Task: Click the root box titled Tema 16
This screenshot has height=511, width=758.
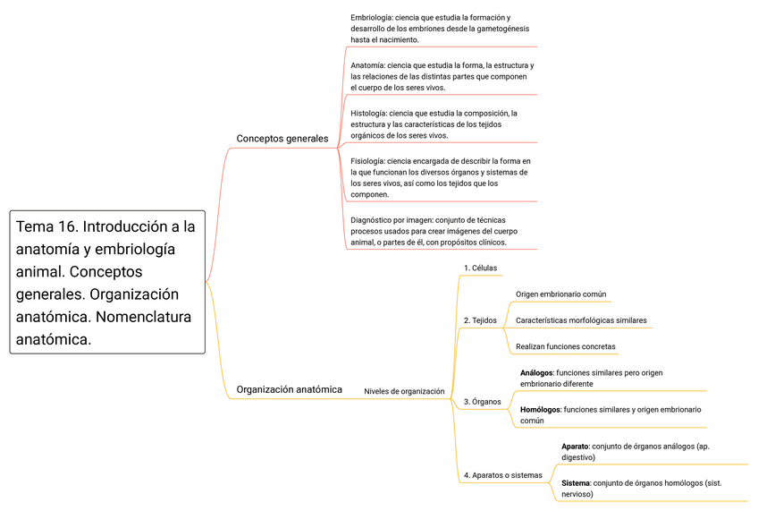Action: (x=107, y=282)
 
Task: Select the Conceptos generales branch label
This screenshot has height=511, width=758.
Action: (x=282, y=139)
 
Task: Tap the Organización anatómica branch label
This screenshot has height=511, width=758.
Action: (x=289, y=389)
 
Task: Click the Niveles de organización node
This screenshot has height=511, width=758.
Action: (x=404, y=391)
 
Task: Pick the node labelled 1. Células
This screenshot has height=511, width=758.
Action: (x=481, y=268)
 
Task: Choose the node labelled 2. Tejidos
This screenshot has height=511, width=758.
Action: (x=480, y=320)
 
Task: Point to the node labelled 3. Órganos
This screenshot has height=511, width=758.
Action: (x=482, y=402)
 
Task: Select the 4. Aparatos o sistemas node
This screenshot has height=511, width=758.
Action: (x=502, y=475)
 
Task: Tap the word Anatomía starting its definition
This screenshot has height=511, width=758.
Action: (x=367, y=65)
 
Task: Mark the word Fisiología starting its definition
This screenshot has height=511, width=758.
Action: (x=368, y=161)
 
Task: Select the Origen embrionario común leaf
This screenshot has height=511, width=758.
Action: (x=561, y=294)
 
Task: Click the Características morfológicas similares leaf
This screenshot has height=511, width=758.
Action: (x=581, y=320)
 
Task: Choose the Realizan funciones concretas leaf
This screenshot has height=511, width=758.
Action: (x=566, y=346)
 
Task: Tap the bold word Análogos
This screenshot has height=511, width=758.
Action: (x=536, y=372)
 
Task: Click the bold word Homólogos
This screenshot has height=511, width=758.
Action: (x=540, y=409)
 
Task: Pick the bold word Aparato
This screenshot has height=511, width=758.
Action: (x=575, y=446)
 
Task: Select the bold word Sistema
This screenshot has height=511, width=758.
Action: (x=576, y=482)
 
